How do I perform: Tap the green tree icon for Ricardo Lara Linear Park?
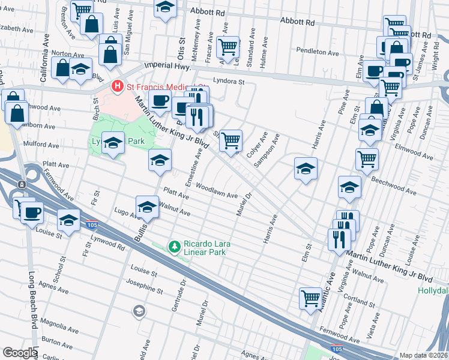174,246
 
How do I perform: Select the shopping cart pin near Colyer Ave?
231,141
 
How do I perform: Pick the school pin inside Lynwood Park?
112,143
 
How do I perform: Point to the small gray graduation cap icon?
139,311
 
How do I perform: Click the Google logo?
19,353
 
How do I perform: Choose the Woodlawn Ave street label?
216,191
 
